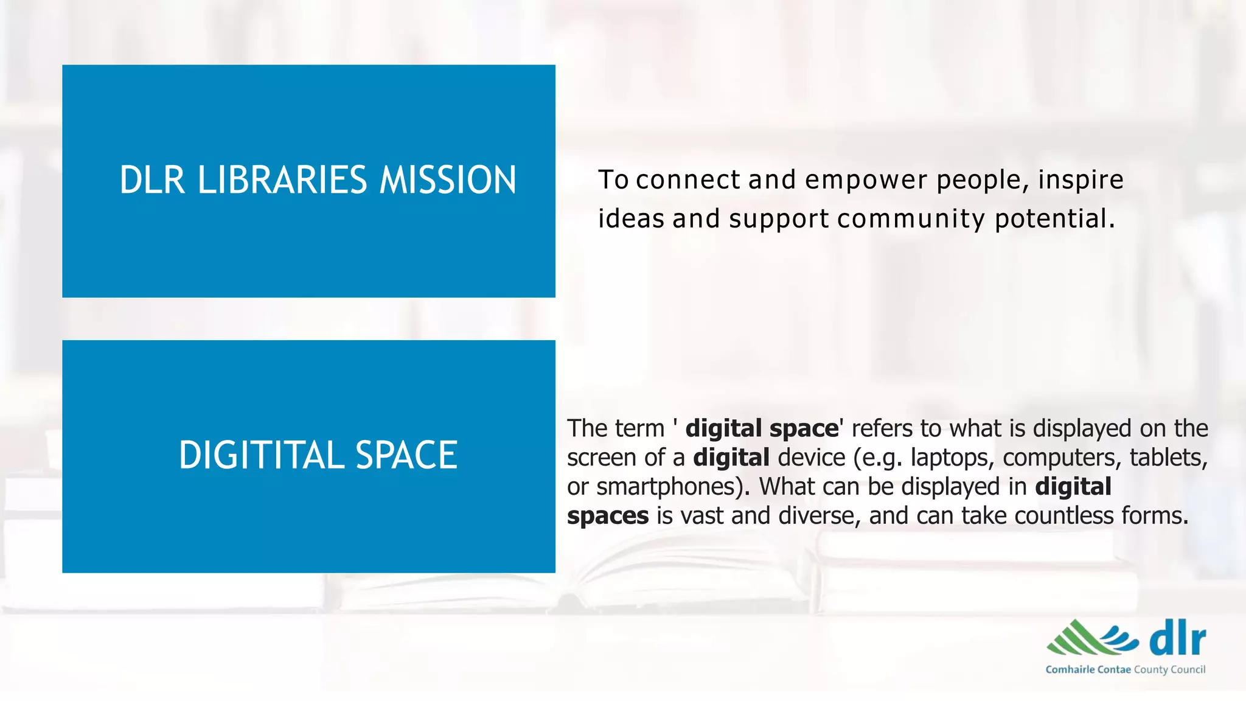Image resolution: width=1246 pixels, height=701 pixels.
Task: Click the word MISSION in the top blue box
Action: (x=448, y=180)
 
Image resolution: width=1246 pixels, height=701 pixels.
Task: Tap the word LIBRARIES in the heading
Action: (x=282, y=180)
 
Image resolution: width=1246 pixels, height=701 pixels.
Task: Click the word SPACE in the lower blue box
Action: (x=406, y=455)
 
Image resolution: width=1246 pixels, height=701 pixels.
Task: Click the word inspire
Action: (x=1081, y=180)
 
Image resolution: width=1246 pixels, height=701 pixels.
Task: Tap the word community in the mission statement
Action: (x=911, y=219)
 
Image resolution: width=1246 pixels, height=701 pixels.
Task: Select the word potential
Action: (x=1054, y=219)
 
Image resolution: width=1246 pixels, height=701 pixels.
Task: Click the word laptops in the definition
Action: (x=952, y=458)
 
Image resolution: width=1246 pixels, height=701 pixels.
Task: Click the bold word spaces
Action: (x=608, y=517)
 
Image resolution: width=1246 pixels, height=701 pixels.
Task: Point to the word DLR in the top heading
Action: (x=152, y=180)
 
